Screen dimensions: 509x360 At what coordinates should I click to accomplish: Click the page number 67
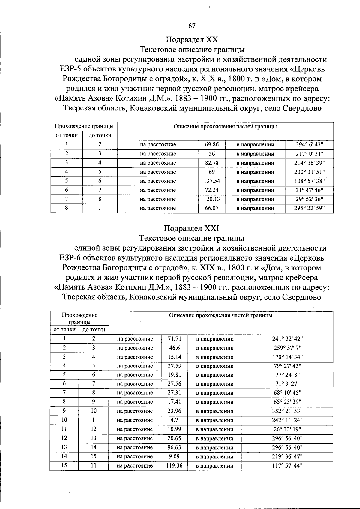[192, 26]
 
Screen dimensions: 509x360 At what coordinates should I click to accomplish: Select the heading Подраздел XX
[192, 40]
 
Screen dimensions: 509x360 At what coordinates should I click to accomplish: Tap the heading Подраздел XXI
[192, 229]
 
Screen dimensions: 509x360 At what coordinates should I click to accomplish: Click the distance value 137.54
[212, 181]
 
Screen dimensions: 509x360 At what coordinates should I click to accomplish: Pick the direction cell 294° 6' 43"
[309, 145]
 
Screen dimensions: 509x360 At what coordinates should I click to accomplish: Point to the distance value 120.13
[212, 199]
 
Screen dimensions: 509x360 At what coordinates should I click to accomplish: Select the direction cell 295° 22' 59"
[309, 208]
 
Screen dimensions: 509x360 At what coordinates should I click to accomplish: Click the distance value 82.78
[212, 163]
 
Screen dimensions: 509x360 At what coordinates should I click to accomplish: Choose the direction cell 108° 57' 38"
[309, 181]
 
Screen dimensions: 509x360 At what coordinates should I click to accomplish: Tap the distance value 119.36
[174, 466]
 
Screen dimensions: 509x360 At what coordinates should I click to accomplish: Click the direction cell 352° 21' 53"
[287, 411]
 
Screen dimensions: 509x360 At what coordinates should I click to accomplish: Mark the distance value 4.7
[174, 420]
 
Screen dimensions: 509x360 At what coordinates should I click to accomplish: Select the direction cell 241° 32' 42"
[287, 339]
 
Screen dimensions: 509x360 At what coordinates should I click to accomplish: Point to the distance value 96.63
[174, 447]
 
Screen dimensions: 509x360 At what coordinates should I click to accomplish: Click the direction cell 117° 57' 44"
[287, 466]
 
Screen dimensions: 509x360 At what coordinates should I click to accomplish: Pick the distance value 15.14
[174, 357]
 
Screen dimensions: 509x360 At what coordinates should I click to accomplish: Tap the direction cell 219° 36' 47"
[287, 456]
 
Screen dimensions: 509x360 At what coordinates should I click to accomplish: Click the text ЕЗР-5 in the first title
[70, 69]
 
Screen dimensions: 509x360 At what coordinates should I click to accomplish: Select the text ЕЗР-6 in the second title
[70, 258]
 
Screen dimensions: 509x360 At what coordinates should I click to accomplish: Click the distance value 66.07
[212, 208]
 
